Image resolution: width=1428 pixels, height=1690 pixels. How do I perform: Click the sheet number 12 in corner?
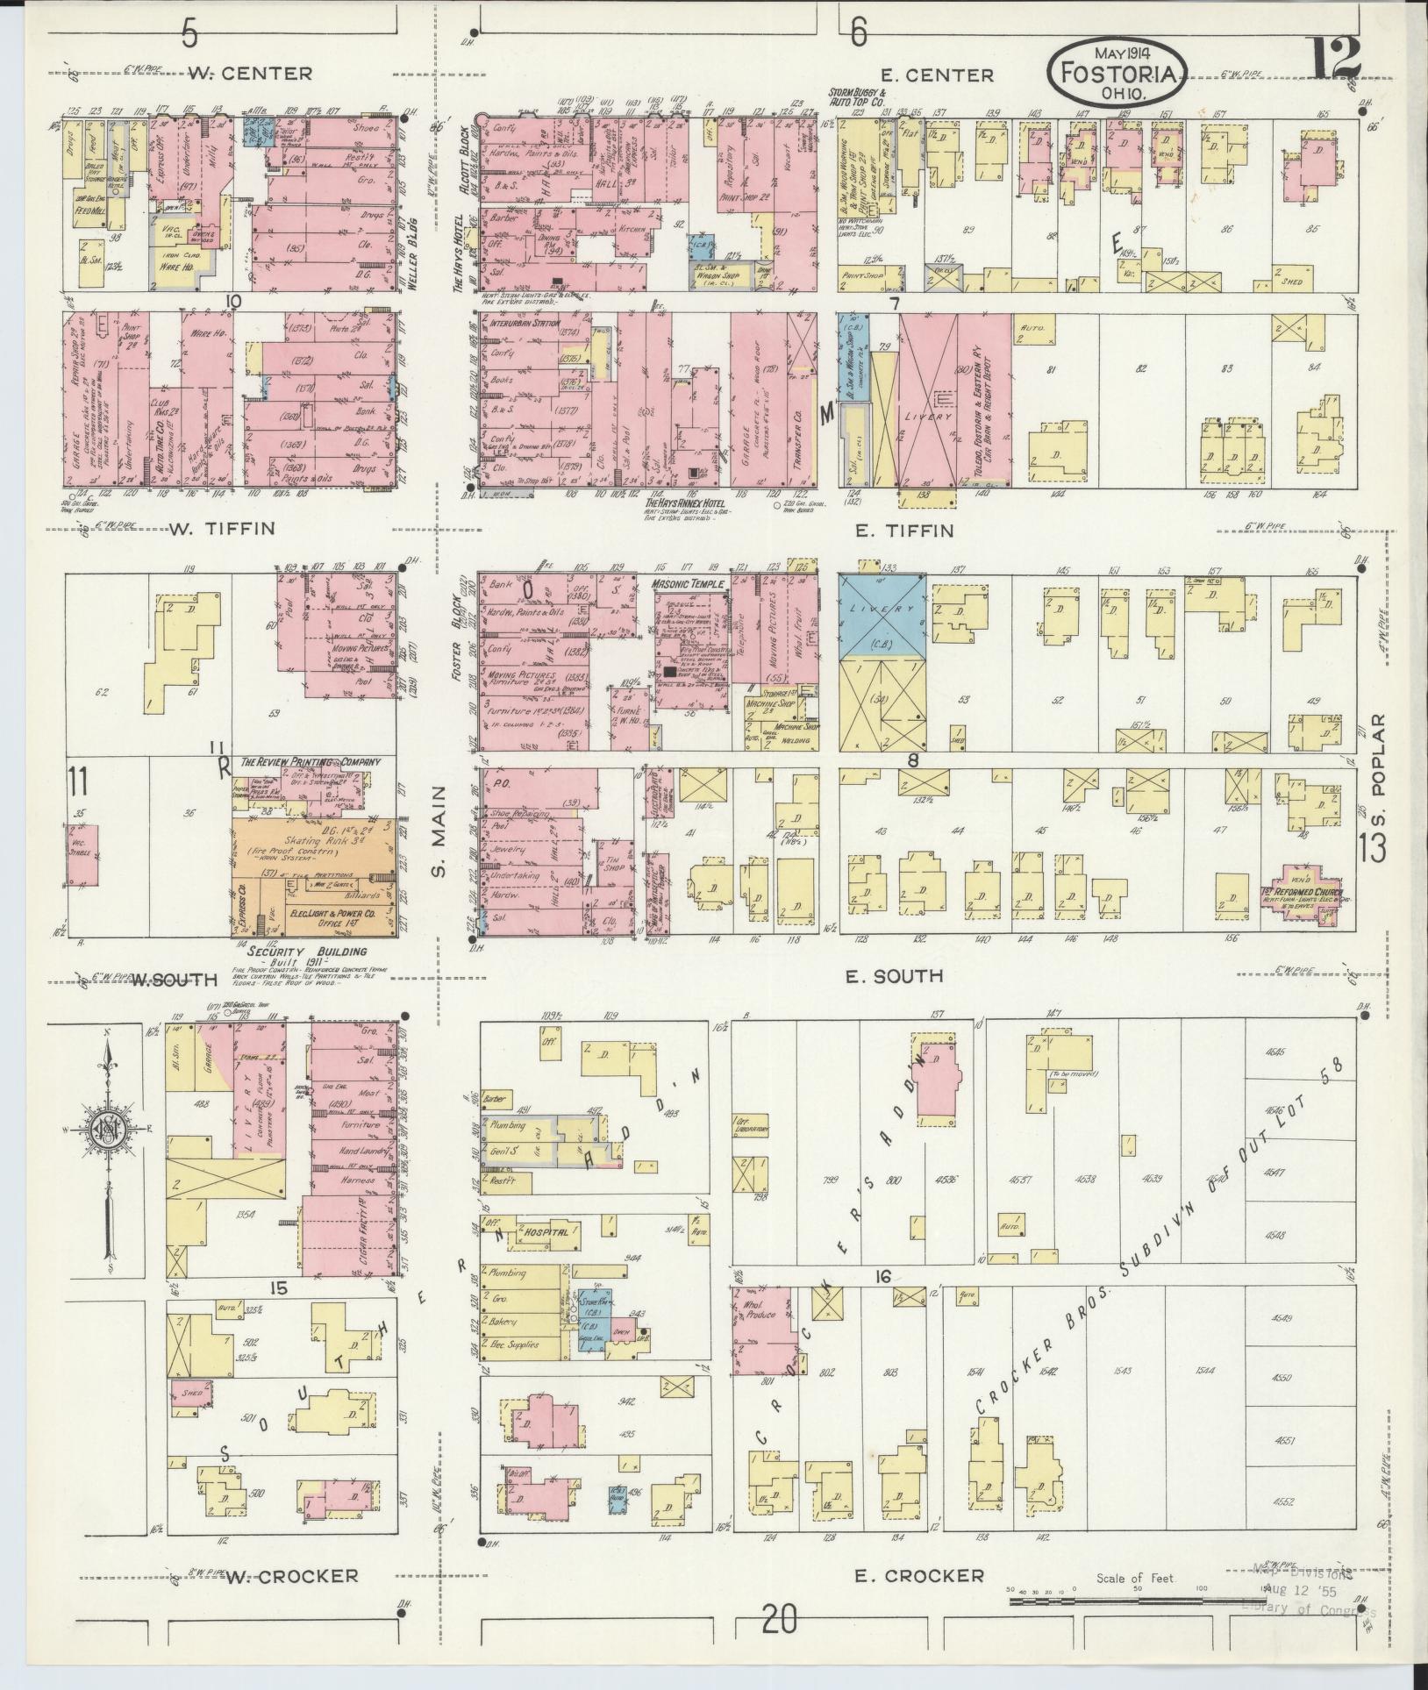[x=1338, y=58]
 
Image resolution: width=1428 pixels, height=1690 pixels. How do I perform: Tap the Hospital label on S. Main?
[x=546, y=1232]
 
